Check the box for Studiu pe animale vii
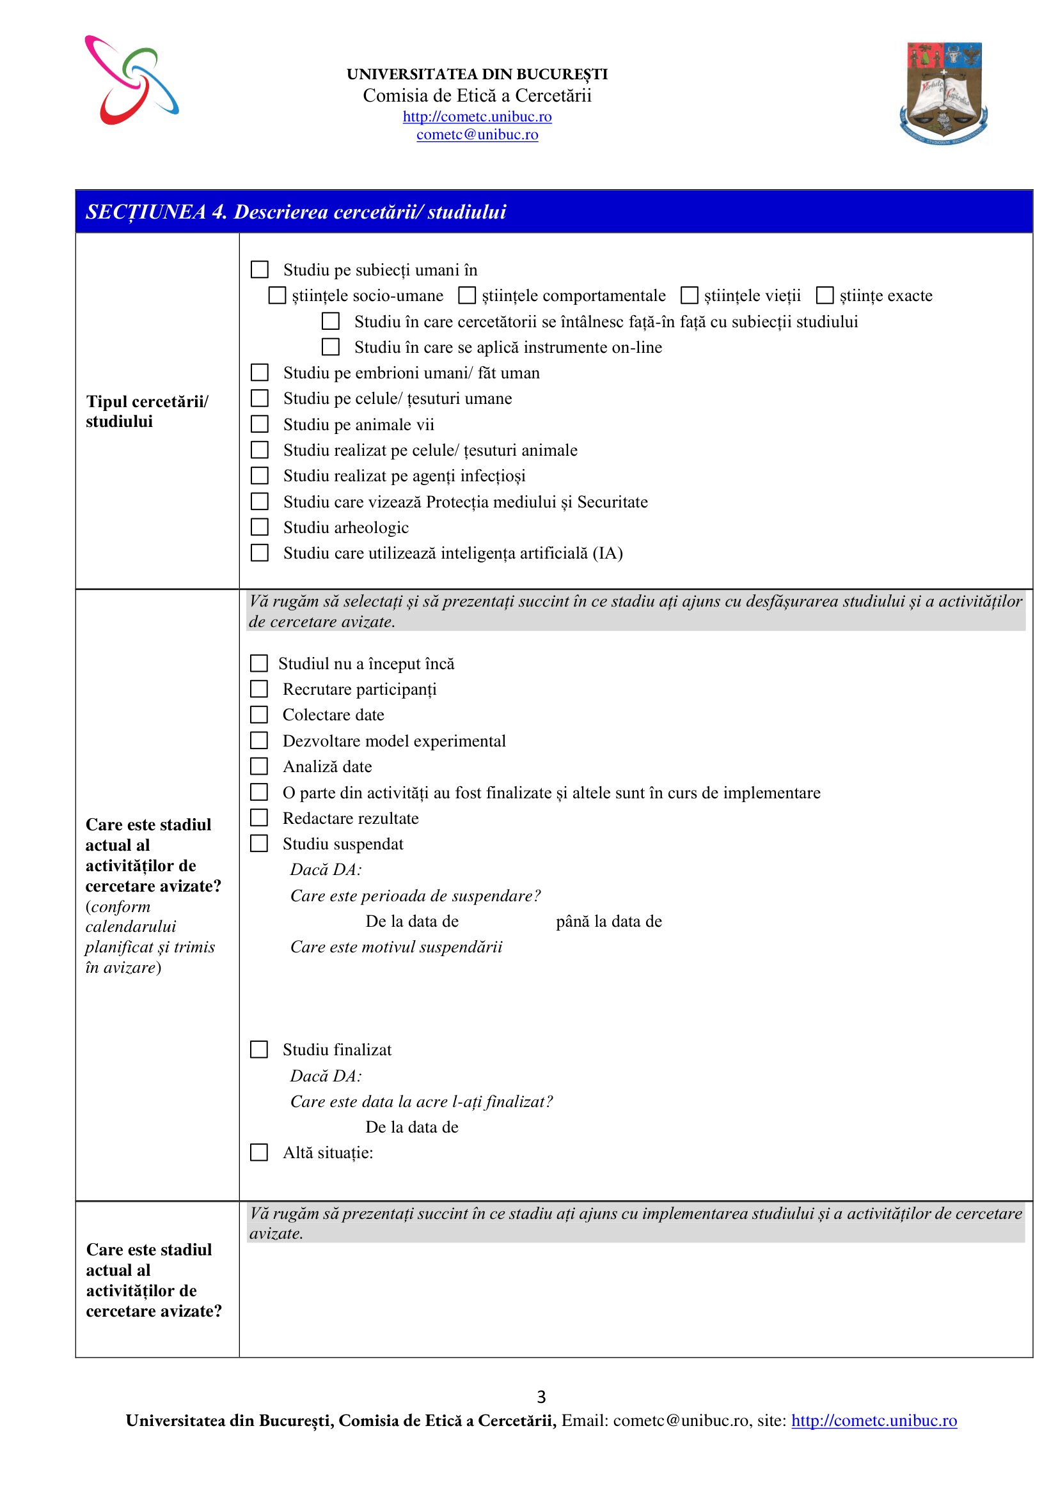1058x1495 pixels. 259,424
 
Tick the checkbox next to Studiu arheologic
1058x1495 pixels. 259,527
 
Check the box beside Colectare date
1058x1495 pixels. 259,715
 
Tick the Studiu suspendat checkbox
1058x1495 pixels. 259,843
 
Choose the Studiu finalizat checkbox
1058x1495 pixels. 259,1049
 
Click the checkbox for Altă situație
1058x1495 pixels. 259,1152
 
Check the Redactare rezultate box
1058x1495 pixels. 259,817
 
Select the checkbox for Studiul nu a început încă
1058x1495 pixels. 259,663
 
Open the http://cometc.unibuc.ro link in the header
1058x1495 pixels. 477,116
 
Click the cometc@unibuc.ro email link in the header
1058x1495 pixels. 477,134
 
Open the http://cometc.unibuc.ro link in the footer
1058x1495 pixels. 874,1420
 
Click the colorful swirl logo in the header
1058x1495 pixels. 132,80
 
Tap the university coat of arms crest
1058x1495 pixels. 944,93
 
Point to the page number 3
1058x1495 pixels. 541,1396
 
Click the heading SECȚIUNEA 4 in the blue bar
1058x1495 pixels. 296,212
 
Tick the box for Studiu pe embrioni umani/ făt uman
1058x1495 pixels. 259,373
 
